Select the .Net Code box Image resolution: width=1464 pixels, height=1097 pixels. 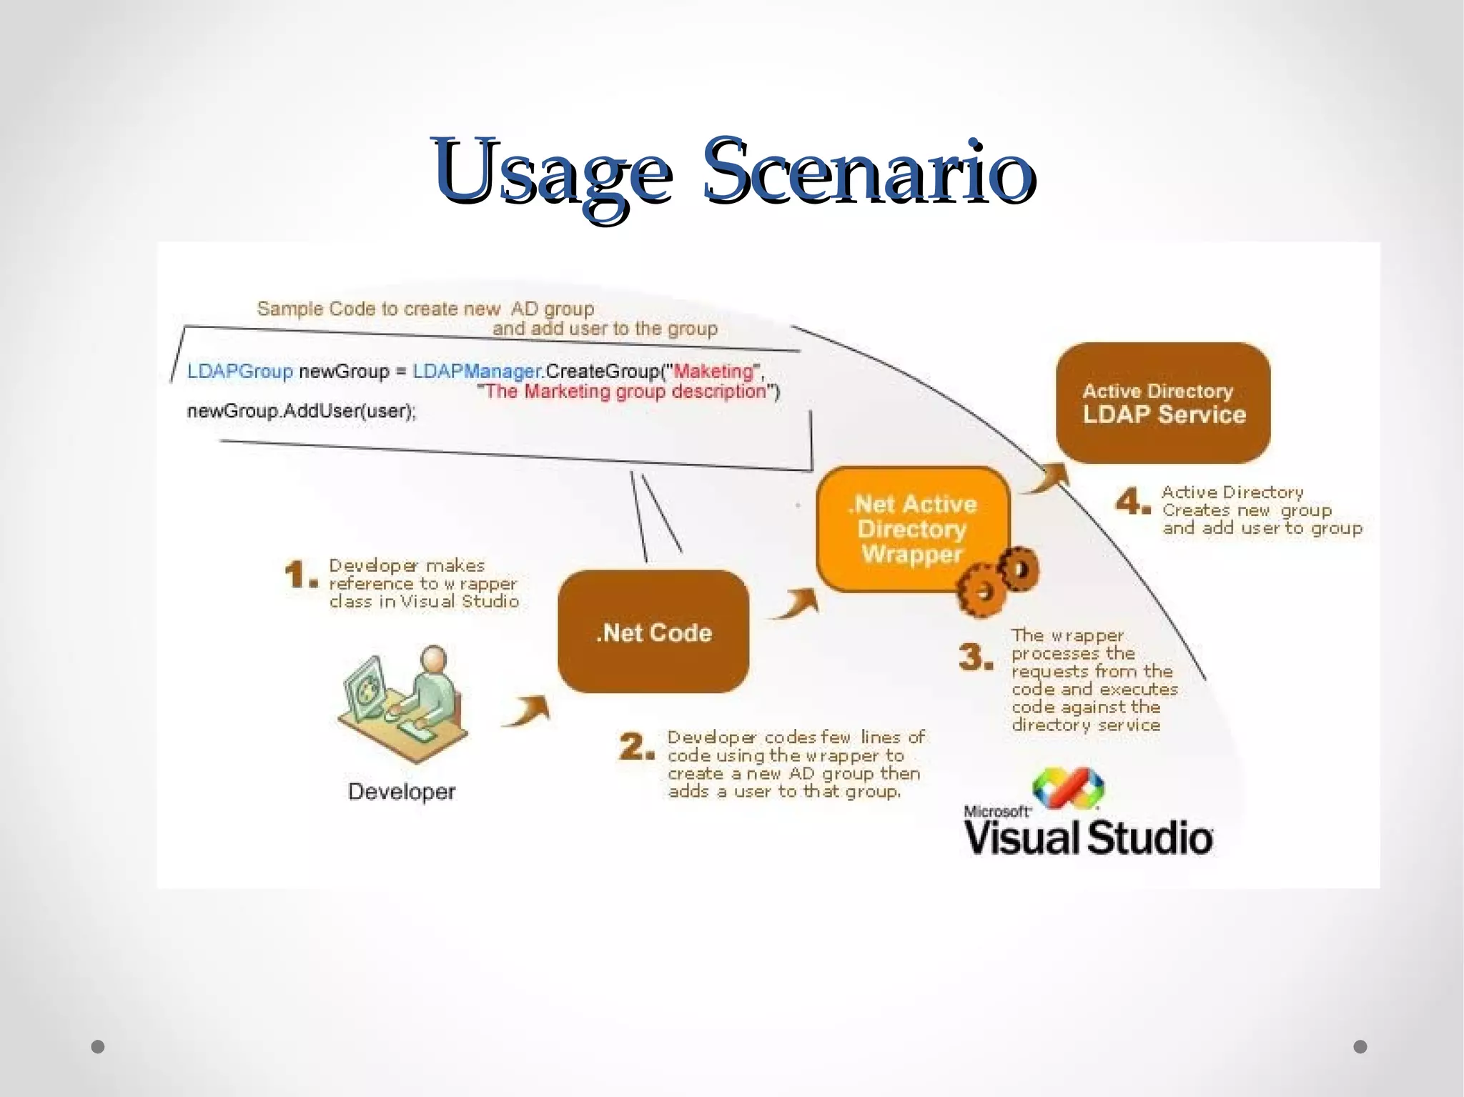[x=653, y=632]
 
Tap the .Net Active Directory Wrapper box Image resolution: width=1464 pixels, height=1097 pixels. [x=911, y=529]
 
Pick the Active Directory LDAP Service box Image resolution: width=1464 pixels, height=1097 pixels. [x=1163, y=403]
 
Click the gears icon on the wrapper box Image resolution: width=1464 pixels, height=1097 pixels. [x=998, y=580]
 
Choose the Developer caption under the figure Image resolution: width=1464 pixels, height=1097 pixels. [x=401, y=792]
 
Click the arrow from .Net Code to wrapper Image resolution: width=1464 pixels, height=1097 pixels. [x=796, y=605]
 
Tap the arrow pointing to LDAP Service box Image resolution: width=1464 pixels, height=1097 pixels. [x=1045, y=478]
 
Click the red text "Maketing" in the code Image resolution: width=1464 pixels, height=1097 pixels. [x=713, y=371]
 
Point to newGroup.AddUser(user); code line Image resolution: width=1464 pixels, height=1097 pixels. [x=301, y=412]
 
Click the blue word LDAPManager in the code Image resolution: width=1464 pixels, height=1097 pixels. [x=476, y=371]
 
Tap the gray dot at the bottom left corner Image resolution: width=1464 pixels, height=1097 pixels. [x=98, y=1046]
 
